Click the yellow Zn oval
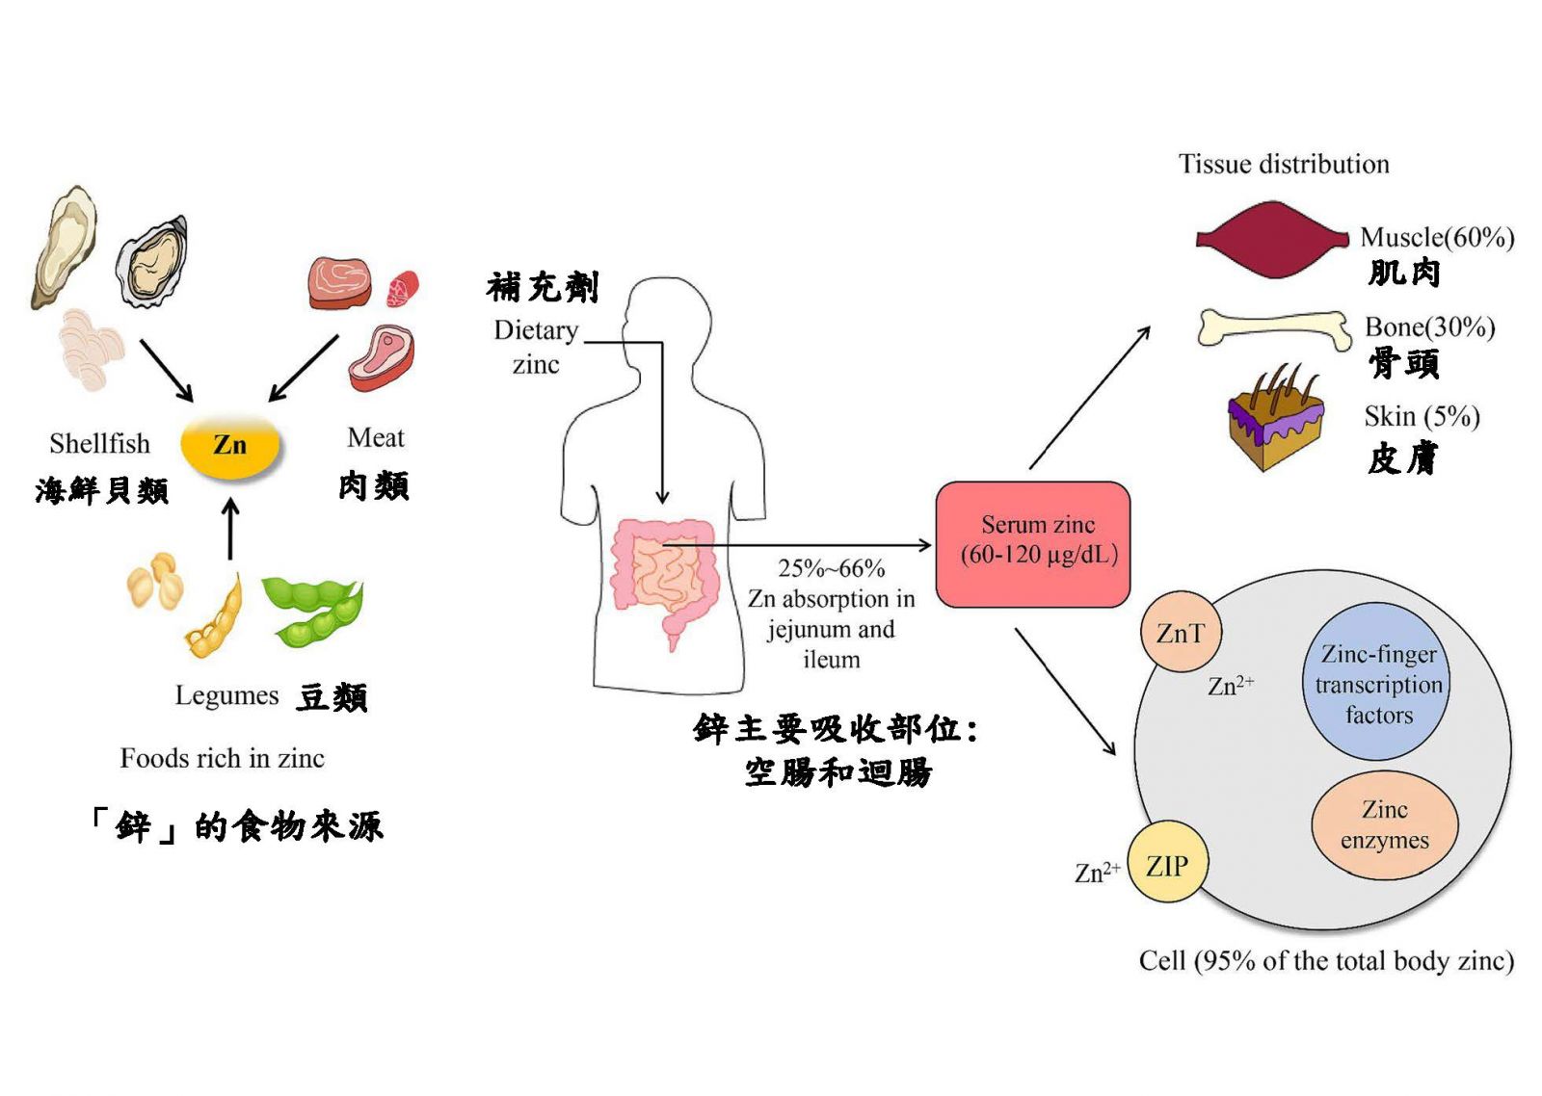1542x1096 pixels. point(230,445)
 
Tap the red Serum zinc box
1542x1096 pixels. point(1032,544)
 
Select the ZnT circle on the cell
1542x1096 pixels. point(1181,633)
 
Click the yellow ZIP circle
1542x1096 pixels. point(1167,864)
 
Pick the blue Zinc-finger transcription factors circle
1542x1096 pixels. point(1378,683)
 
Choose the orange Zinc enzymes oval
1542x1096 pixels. point(1384,824)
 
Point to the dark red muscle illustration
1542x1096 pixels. point(1272,240)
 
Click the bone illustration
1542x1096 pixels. point(1274,328)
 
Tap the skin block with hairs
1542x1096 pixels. point(1274,420)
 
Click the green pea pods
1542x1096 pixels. point(313,609)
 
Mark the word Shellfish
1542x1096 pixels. point(100,444)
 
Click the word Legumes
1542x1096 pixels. point(226,695)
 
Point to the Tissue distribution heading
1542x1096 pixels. point(1284,164)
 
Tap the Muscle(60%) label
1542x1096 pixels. point(1437,237)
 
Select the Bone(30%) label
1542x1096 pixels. point(1429,327)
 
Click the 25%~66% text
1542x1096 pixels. point(831,568)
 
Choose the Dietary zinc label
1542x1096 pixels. point(536,347)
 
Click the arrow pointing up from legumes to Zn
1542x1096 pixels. point(230,529)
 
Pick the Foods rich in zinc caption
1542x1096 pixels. point(223,759)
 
